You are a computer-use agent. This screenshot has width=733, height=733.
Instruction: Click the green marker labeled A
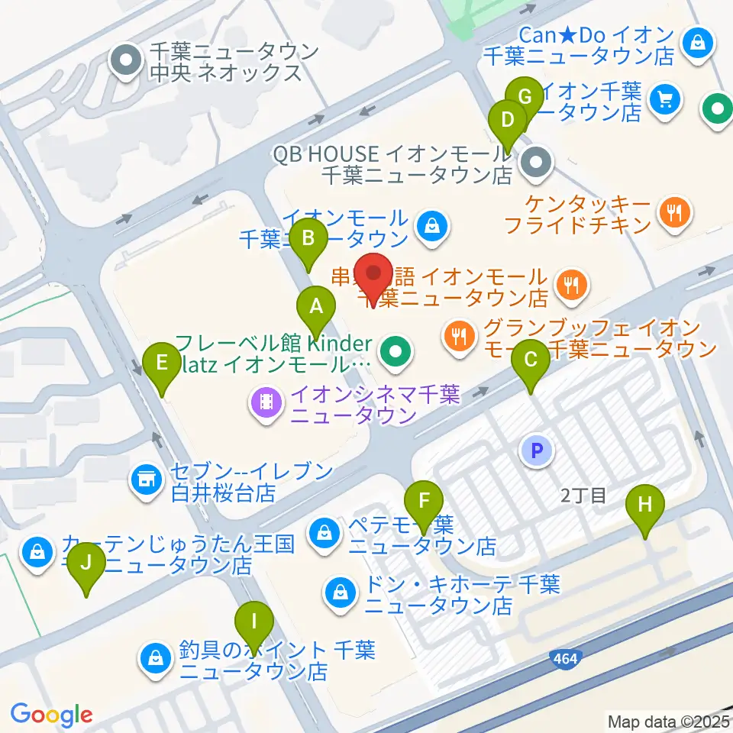point(315,308)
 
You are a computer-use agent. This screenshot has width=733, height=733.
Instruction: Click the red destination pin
point(374,276)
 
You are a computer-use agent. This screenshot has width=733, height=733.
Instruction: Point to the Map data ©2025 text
point(668,721)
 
